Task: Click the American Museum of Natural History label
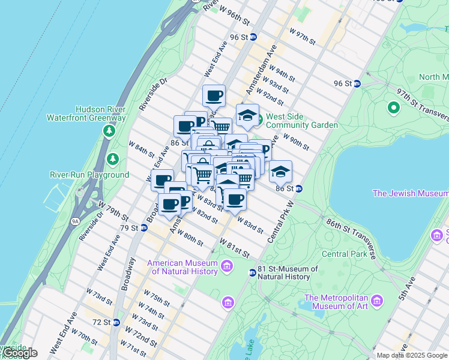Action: [x=182, y=267]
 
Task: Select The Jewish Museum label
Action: [x=410, y=193]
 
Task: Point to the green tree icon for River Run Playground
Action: [x=112, y=159]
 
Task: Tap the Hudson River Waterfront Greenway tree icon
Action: [x=109, y=130]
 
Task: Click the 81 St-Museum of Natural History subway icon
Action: [x=253, y=273]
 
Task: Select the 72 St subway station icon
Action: [x=116, y=322]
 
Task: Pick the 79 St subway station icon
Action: [x=144, y=228]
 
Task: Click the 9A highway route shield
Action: [x=75, y=221]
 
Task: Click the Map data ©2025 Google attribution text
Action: [x=412, y=355]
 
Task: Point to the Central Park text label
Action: [x=343, y=254]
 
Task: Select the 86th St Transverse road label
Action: [x=351, y=238]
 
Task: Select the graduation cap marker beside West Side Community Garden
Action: [x=247, y=115]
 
